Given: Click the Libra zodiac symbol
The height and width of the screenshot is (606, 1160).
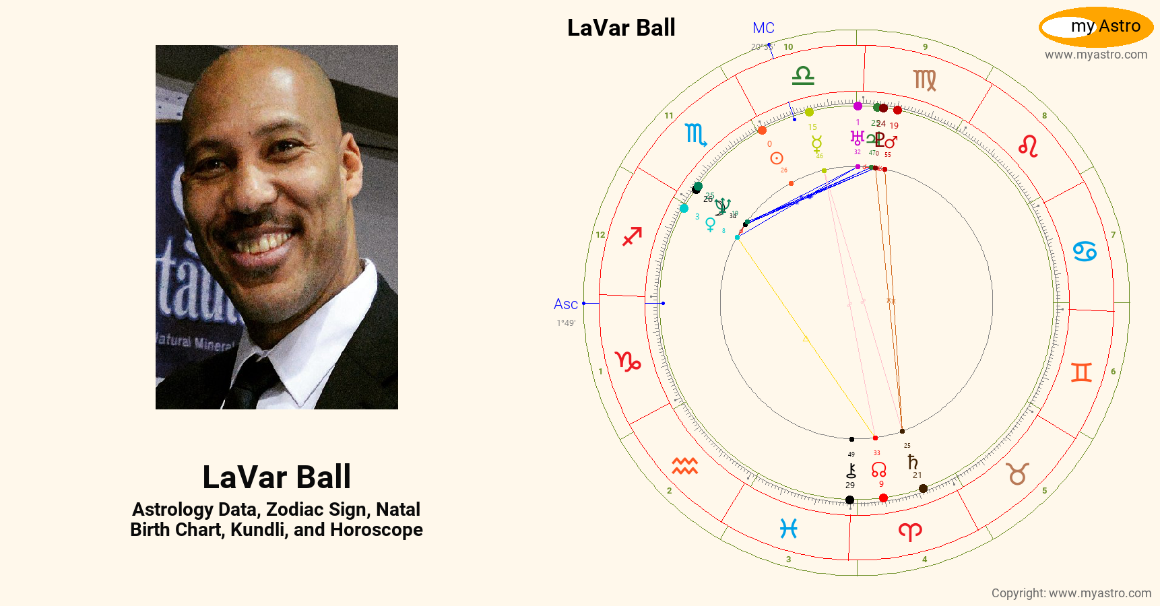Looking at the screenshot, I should (x=803, y=75).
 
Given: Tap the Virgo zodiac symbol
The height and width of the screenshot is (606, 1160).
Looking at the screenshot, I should (x=925, y=80).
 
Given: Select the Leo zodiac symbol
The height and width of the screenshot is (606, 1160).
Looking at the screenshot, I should (x=1028, y=146).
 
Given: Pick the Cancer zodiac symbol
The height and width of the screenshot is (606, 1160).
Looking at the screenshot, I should (x=1085, y=252).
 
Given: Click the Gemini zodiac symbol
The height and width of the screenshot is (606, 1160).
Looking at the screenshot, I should (x=1081, y=372).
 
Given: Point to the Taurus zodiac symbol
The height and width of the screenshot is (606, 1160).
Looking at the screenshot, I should (x=1017, y=473).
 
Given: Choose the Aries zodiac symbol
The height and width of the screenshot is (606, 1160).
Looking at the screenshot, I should (x=910, y=532).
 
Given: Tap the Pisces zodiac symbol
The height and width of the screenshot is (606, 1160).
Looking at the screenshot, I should (x=789, y=529).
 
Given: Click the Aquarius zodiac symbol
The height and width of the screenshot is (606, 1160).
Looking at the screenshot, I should (x=684, y=465).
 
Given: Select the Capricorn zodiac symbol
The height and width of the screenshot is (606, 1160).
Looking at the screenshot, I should (x=628, y=362).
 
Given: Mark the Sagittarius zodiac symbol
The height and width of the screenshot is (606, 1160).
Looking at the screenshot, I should (x=632, y=236).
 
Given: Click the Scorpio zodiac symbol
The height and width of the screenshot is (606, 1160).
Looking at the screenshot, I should (x=695, y=135).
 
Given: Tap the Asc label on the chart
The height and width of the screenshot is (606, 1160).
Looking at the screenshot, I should (x=565, y=304).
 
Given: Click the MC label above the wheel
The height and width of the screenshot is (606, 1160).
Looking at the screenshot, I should (x=763, y=28).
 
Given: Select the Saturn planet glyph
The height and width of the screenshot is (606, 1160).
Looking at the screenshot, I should (x=913, y=462).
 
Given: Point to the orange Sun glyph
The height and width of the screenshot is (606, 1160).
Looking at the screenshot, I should (x=777, y=158).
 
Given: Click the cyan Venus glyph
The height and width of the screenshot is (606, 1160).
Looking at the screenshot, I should (x=710, y=225).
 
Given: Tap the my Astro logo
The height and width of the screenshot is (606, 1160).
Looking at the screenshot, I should (x=1096, y=27).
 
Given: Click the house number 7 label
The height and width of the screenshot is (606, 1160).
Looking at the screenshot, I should (x=1113, y=235).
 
